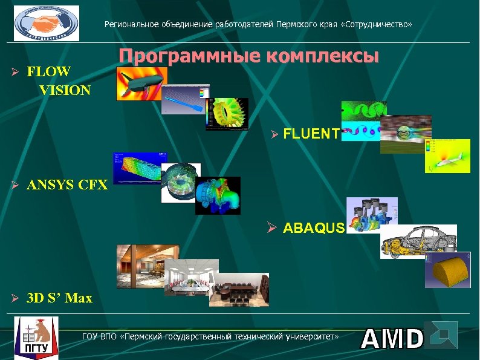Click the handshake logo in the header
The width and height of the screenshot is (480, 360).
47,24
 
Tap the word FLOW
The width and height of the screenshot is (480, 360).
49,71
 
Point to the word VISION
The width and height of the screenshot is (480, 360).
65,91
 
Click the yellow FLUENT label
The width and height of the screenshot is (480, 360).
311,134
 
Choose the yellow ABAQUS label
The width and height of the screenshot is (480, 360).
314,228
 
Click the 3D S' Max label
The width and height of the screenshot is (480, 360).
59,298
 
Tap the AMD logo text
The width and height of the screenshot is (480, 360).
392,339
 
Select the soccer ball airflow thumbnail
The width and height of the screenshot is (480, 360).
405,134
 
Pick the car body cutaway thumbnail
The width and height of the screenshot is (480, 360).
418,241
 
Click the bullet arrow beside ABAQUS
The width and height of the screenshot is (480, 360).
273,228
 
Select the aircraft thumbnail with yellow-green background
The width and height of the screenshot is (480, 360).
447,156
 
